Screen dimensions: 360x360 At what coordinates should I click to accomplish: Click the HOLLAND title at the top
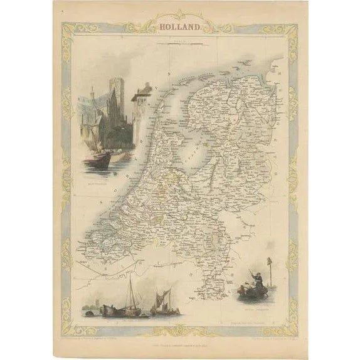coord(180,27)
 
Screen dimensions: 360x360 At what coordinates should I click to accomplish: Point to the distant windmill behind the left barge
coord(94,305)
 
